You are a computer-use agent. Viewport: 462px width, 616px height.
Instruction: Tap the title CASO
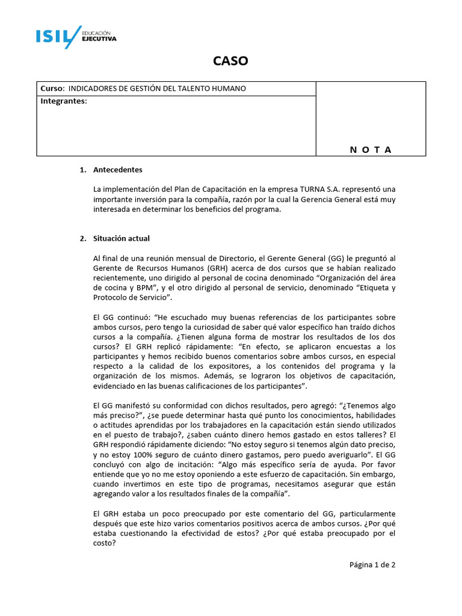tap(230, 61)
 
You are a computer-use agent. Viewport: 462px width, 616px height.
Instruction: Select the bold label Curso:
tap(52, 88)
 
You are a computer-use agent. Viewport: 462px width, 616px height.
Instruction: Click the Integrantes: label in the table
tap(64, 101)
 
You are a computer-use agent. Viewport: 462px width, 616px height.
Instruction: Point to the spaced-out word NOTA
tap(371, 150)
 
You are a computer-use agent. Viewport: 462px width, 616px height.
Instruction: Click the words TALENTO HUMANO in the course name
tap(213, 88)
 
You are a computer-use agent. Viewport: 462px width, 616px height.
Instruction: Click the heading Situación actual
tap(122, 238)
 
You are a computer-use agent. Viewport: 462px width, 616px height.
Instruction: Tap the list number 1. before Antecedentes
tap(83, 170)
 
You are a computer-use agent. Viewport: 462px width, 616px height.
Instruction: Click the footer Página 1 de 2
tap(372, 564)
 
